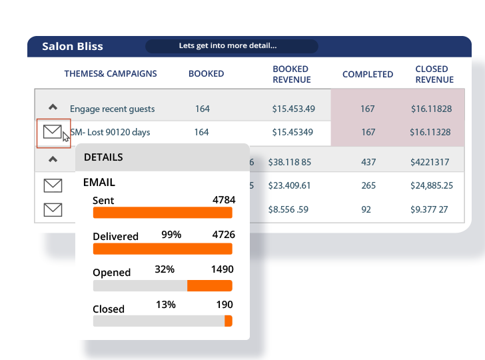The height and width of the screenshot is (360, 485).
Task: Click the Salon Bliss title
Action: (x=73, y=47)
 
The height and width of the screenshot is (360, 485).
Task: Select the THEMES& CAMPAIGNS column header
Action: (x=111, y=74)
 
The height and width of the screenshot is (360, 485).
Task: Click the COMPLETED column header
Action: (x=368, y=74)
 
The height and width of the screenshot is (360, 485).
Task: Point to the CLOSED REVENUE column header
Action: (x=432, y=74)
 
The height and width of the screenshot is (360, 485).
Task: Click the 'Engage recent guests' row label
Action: (x=112, y=109)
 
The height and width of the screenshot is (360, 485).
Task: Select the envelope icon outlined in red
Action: (x=53, y=132)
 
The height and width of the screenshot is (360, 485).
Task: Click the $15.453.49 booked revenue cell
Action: (x=293, y=109)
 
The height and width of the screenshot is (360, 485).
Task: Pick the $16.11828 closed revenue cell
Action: (x=431, y=109)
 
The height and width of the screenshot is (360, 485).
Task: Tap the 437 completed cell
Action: (x=368, y=162)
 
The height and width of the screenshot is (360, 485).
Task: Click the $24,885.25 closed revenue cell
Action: (x=432, y=186)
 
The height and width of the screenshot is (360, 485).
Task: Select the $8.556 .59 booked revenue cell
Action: (x=288, y=209)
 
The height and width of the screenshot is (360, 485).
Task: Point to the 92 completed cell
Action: (x=366, y=209)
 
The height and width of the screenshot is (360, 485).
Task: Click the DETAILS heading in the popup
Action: (x=103, y=157)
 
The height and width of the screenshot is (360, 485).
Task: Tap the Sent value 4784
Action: (x=223, y=200)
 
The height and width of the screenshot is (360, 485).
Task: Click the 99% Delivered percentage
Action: (x=171, y=234)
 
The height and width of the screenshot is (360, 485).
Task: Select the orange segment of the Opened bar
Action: (x=209, y=285)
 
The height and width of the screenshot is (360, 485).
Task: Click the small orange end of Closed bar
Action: (x=229, y=321)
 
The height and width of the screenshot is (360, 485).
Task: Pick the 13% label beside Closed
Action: (x=166, y=305)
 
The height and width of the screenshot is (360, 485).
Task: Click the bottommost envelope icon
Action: (x=53, y=210)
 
